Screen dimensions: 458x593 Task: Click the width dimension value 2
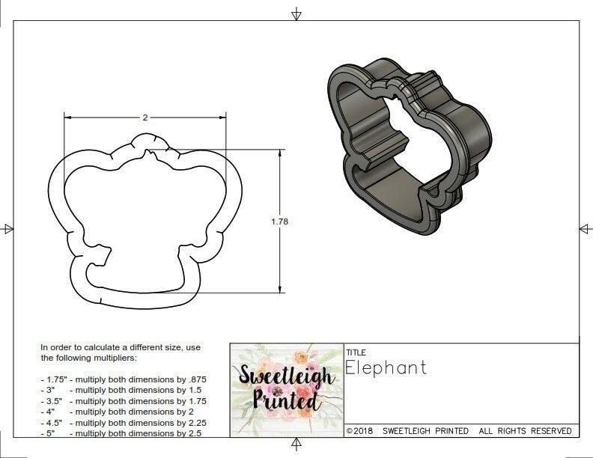point(145,117)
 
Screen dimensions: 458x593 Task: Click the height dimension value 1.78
point(280,222)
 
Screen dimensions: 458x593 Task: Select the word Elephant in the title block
point(386,367)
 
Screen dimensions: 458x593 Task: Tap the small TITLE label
point(356,352)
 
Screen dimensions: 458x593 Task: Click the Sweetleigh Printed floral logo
point(286,389)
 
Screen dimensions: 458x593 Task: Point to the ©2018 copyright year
point(360,431)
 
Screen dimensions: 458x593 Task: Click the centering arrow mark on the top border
point(296,13)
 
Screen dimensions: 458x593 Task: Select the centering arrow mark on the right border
point(585,229)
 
